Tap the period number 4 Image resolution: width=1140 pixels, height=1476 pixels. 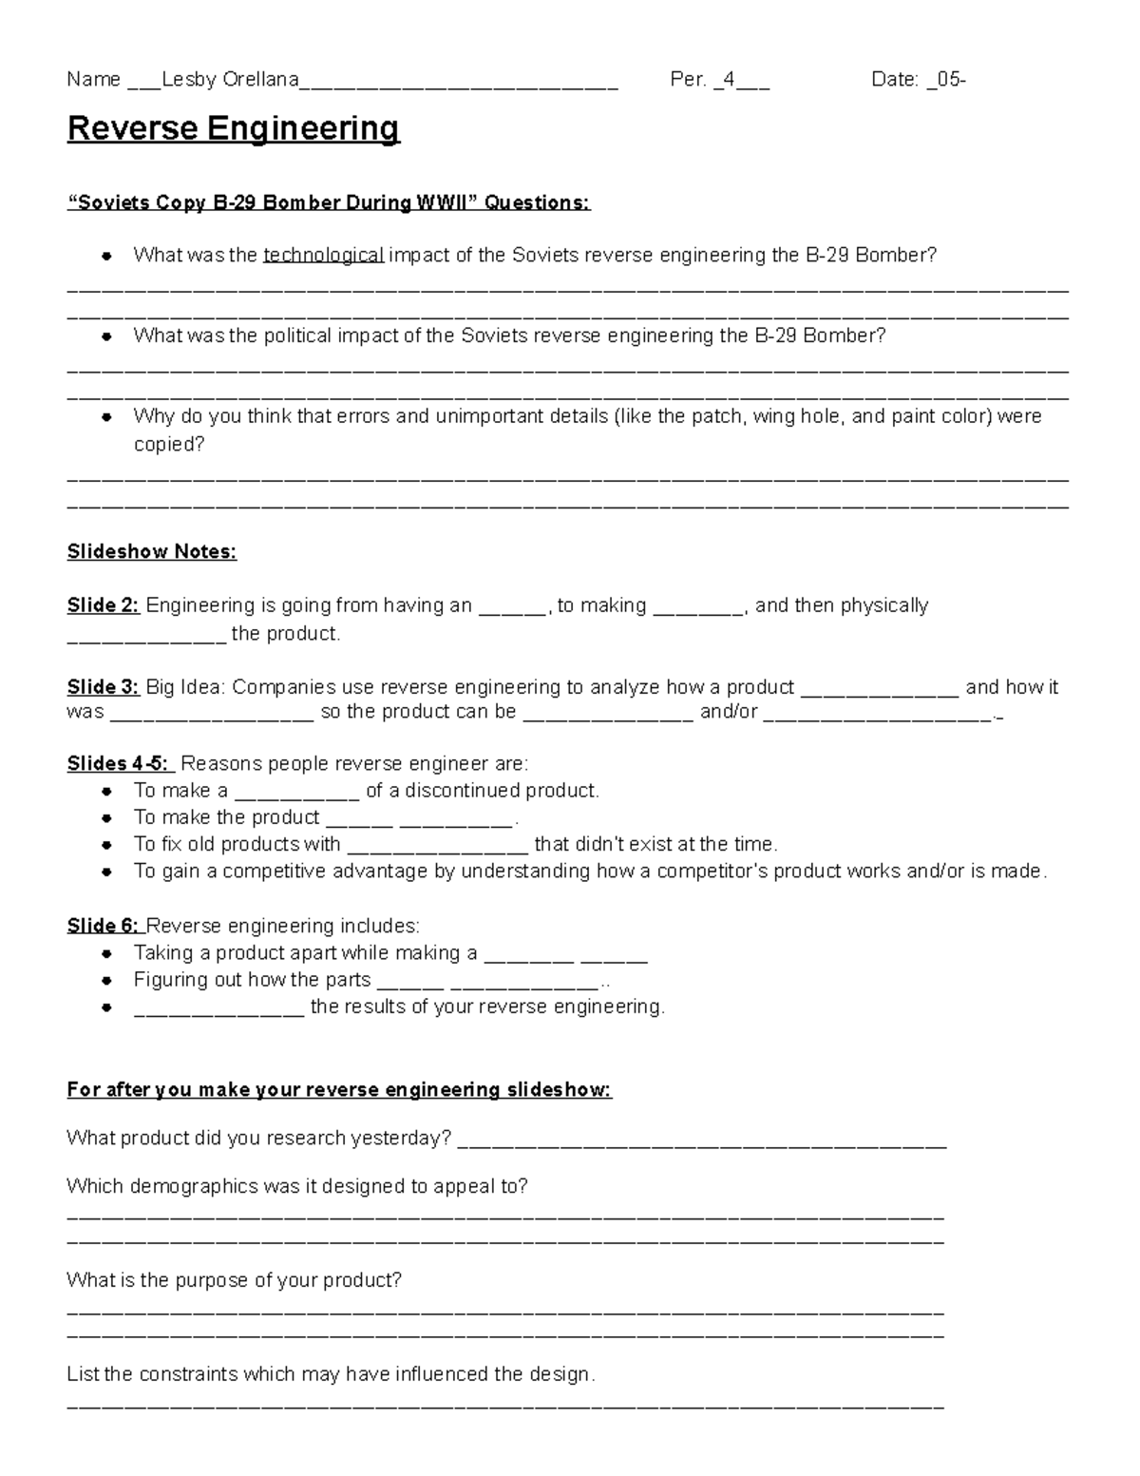[728, 80]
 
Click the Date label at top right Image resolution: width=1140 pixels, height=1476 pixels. [894, 80]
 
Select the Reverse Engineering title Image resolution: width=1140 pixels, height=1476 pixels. [233, 128]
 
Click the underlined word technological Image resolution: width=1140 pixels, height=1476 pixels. [323, 255]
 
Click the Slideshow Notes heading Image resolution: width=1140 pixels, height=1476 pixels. [151, 552]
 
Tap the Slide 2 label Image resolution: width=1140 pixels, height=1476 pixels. [103, 605]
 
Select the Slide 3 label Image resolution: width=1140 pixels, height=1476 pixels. [103, 687]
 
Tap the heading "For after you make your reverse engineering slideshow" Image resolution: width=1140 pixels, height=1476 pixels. [339, 1090]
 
